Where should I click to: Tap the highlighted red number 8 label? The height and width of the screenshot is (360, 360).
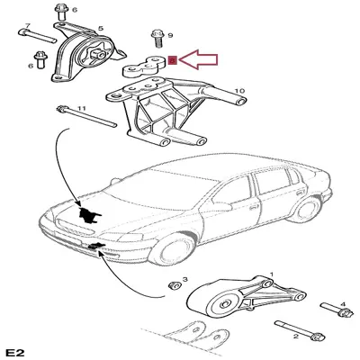click(x=172, y=61)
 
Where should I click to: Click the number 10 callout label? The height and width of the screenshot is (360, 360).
click(x=239, y=91)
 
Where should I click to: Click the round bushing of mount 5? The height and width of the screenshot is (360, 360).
click(x=93, y=58)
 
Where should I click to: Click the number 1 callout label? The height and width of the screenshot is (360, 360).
click(x=270, y=274)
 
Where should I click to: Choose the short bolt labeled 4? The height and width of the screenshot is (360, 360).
click(x=341, y=315)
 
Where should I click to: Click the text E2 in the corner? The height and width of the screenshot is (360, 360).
click(x=14, y=349)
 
